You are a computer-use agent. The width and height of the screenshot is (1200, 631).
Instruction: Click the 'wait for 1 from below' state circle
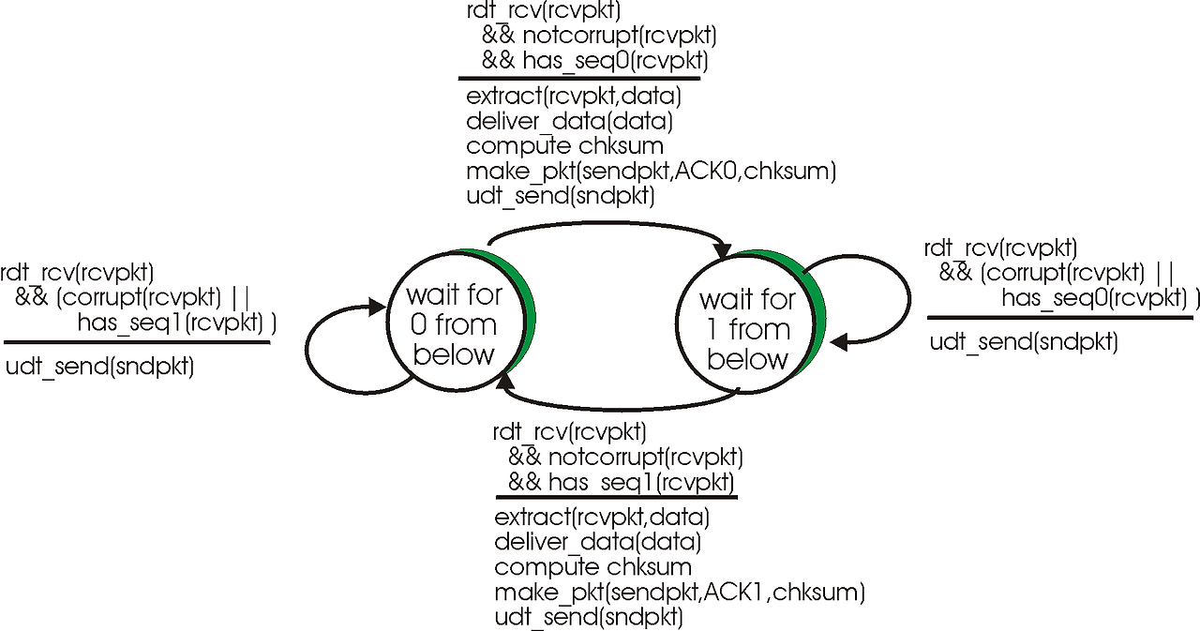point(746,329)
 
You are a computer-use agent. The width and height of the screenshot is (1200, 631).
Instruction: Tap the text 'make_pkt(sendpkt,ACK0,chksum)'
point(651,171)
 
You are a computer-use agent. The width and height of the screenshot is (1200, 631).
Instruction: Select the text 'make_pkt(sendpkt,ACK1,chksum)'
point(680,593)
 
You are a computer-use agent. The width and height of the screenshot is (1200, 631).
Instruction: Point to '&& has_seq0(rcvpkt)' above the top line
point(594,62)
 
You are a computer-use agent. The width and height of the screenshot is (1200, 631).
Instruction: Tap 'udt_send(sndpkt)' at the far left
point(99,367)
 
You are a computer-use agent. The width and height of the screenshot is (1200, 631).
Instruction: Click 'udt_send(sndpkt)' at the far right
point(1024,342)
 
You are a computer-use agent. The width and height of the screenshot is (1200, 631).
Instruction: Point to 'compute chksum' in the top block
point(564,146)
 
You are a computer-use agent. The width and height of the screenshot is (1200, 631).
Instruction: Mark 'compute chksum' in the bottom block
point(592,567)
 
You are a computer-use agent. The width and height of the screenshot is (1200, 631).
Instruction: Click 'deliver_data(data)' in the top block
point(569,121)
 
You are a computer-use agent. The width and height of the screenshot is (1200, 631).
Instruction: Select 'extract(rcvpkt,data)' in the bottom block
point(601,518)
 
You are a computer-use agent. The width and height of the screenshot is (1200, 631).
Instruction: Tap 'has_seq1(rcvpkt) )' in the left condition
point(177,323)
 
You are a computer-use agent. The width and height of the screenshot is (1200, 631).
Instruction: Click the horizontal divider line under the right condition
point(1059,319)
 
